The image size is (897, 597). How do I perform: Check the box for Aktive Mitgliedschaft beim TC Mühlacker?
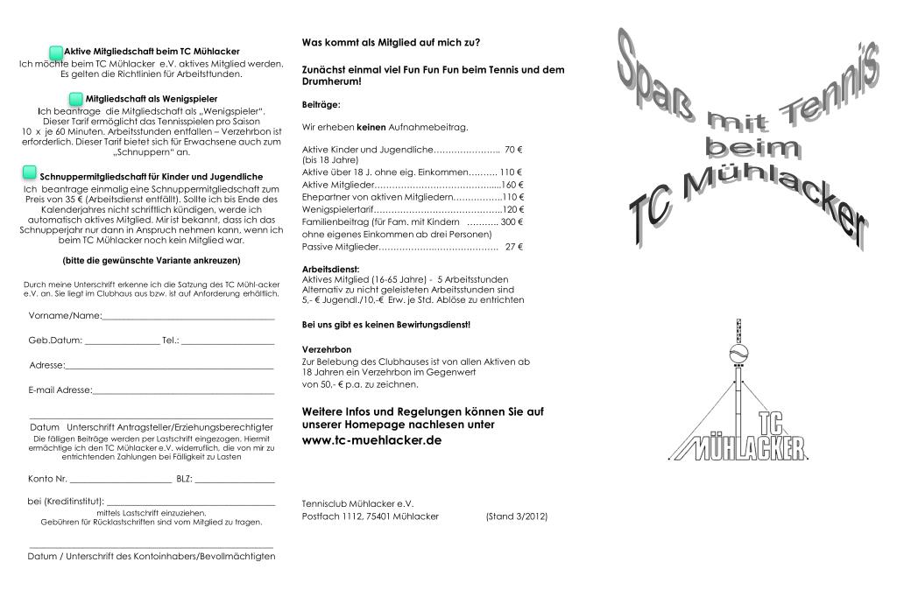56,53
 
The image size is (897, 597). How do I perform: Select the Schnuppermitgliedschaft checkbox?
31,171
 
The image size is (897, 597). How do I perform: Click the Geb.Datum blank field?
123,341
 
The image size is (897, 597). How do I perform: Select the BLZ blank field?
235,481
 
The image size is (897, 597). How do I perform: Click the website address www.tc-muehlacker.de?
371,440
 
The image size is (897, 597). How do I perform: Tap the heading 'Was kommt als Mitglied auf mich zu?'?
391,42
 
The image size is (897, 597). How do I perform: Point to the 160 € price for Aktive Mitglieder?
512,185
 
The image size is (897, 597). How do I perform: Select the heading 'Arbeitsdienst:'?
330,269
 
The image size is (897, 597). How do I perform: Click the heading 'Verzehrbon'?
327,349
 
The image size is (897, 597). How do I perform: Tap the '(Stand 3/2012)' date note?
516,516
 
